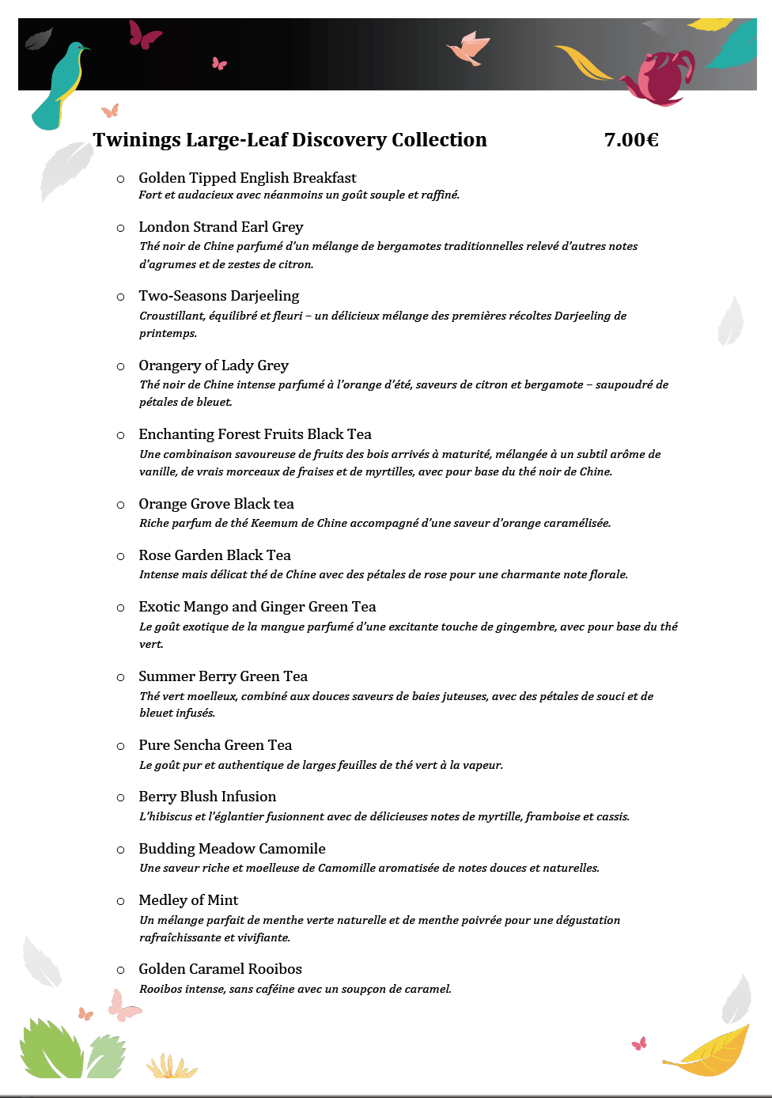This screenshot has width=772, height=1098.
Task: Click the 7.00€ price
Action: (x=631, y=140)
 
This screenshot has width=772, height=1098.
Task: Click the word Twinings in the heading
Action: (x=137, y=140)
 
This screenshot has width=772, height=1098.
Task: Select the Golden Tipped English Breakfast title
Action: (x=247, y=178)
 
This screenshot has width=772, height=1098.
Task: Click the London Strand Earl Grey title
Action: (x=221, y=227)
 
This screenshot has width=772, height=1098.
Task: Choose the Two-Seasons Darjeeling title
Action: (x=218, y=296)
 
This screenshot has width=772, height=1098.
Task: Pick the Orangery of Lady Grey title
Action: (x=214, y=365)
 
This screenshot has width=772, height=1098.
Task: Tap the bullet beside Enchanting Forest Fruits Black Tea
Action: (x=121, y=435)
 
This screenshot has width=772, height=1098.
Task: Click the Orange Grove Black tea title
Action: (x=216, y=504)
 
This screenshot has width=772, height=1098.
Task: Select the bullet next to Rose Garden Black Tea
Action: (x=121, y=556)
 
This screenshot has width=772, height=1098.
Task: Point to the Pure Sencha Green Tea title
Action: (x=215, y=745)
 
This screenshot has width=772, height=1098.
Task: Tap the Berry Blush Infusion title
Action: (x=207, y=797)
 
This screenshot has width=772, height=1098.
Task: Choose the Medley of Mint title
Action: (x=188, y=900)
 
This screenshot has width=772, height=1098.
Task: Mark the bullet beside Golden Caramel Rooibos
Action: (x=121, y=970)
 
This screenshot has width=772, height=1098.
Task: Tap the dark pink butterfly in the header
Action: (x=145, y=35)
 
